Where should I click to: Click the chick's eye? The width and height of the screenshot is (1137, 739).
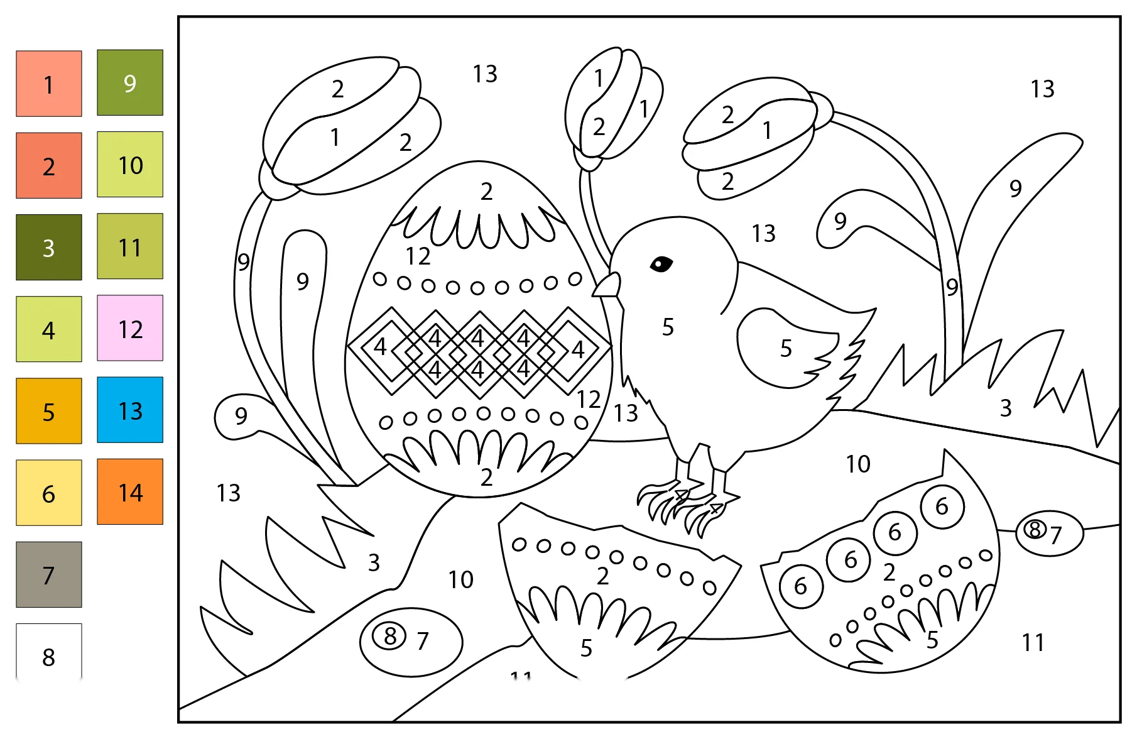click(x=661, y=264)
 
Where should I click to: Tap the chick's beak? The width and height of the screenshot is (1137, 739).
click(x=607, y=285)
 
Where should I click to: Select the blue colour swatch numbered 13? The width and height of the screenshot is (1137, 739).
click(x=130, y=410)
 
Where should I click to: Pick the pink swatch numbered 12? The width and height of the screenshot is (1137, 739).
click(x=130, y=328)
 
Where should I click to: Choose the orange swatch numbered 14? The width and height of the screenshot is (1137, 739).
click(x=130, y=491)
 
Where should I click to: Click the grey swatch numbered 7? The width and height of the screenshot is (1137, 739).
click(x=49, y=574)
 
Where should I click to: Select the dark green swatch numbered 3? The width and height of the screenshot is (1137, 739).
click(x=49, y=247)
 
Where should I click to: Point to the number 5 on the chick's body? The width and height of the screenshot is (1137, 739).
click(x=668, y=327)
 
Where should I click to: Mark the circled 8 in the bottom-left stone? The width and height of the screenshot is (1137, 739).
click(x=390, y=635)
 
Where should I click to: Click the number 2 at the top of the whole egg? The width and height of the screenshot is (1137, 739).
click(x=486, y=191)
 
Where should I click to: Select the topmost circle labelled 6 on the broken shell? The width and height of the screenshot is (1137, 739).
click(x=942, y=506)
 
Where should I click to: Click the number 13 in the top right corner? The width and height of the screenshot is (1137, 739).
click(x=1042, y=89)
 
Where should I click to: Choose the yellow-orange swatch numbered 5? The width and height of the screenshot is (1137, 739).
click(x=49, y=411)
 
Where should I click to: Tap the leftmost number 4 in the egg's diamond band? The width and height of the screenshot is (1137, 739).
click(x=380, y=346)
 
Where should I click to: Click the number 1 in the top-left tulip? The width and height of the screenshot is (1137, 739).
click(x=335, y=137)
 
